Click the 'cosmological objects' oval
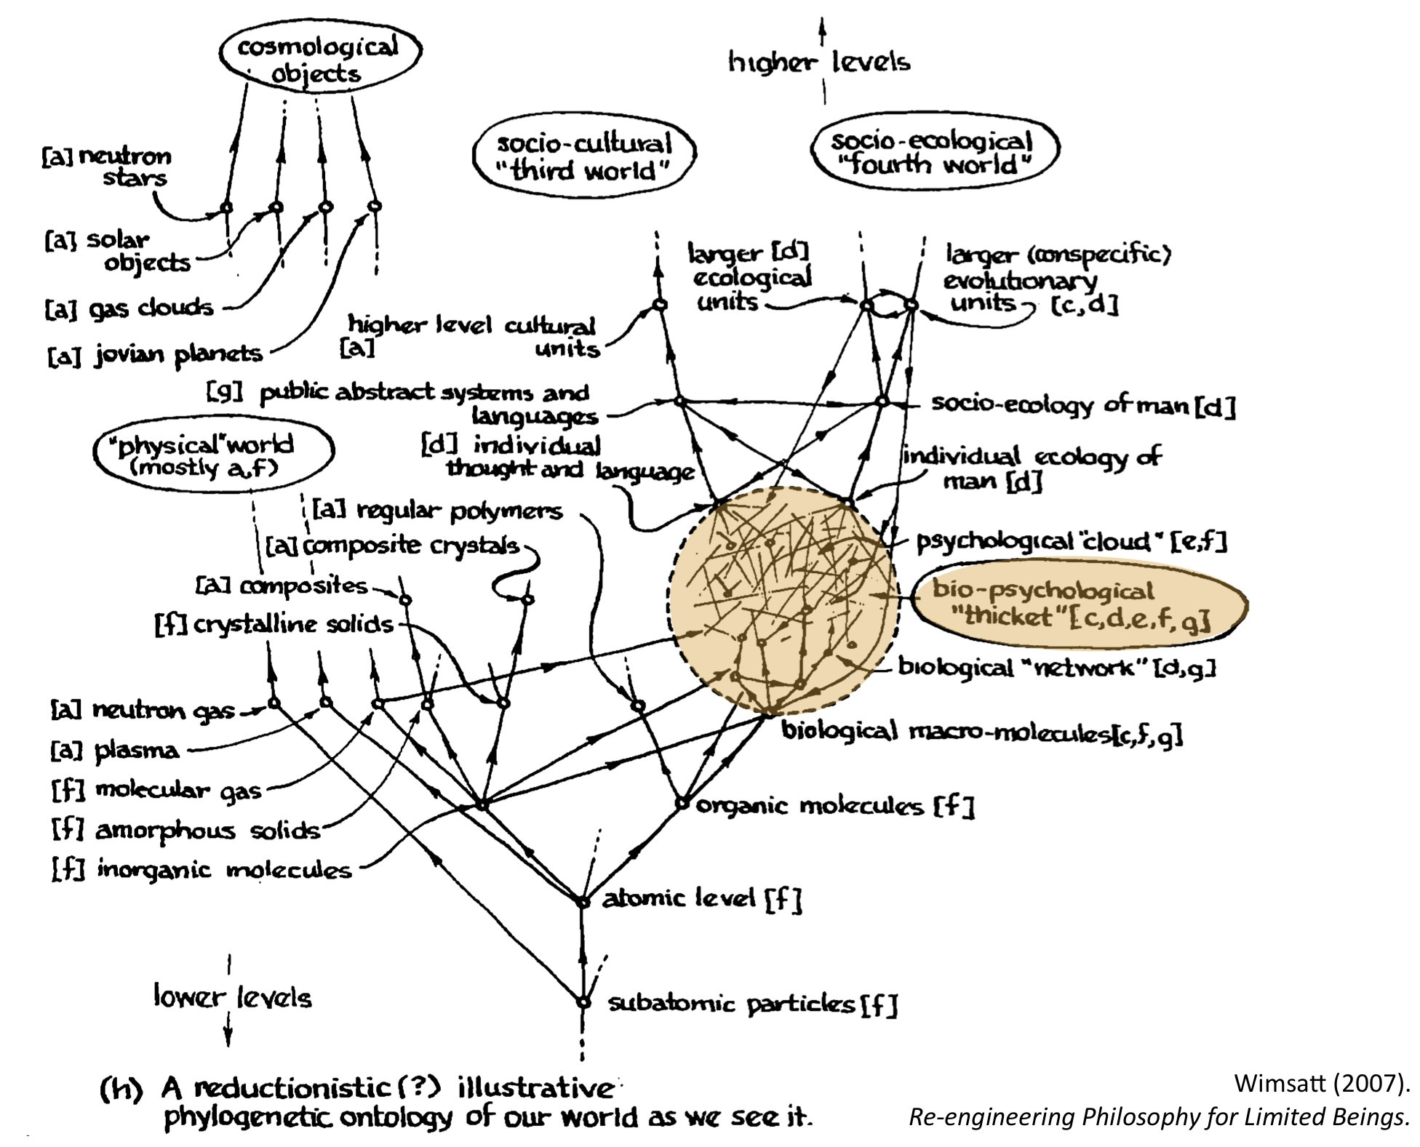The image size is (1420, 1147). point(320,60)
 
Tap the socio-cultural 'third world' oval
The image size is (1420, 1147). point(584,157)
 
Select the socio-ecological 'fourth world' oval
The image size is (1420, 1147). point(933,153)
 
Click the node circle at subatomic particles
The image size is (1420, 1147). point(582,1002)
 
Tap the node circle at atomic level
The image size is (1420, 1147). point(582,901)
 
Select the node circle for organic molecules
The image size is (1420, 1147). point(682,803)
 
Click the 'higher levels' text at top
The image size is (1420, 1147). point(820,63)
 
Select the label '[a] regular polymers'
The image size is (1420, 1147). point(437,510)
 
